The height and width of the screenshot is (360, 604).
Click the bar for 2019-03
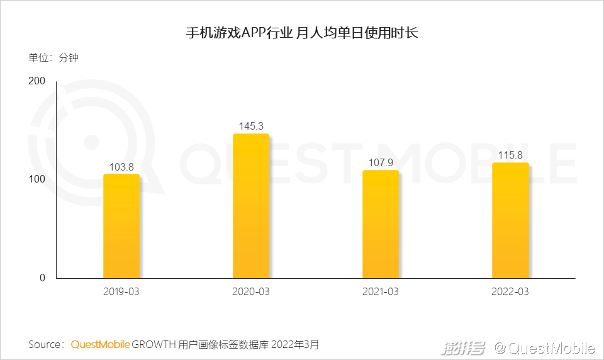(121, 226)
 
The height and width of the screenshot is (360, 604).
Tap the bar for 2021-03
(381, 224)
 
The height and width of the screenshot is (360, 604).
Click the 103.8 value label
(121, 166)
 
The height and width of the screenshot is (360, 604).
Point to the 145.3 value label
(251, 126)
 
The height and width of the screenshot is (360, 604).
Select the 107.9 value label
(381, 162)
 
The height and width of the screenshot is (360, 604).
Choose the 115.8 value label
(510, 155)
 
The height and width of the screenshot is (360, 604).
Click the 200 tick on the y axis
(36, 81)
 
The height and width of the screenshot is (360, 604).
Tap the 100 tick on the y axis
(36, 179)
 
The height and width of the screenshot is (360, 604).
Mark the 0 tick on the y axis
(42, 278)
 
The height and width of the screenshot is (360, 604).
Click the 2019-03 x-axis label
(121, 292)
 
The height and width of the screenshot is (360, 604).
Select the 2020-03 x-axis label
(251, 292)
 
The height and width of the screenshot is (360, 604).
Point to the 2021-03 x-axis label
(381, 292)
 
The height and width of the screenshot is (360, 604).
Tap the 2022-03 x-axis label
(510, 292)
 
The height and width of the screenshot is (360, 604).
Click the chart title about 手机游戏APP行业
(302, 33)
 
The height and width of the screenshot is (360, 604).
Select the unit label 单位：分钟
(53, 58)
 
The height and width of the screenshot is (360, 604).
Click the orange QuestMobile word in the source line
(100, 344)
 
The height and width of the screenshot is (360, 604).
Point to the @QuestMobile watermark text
(544, 348)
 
